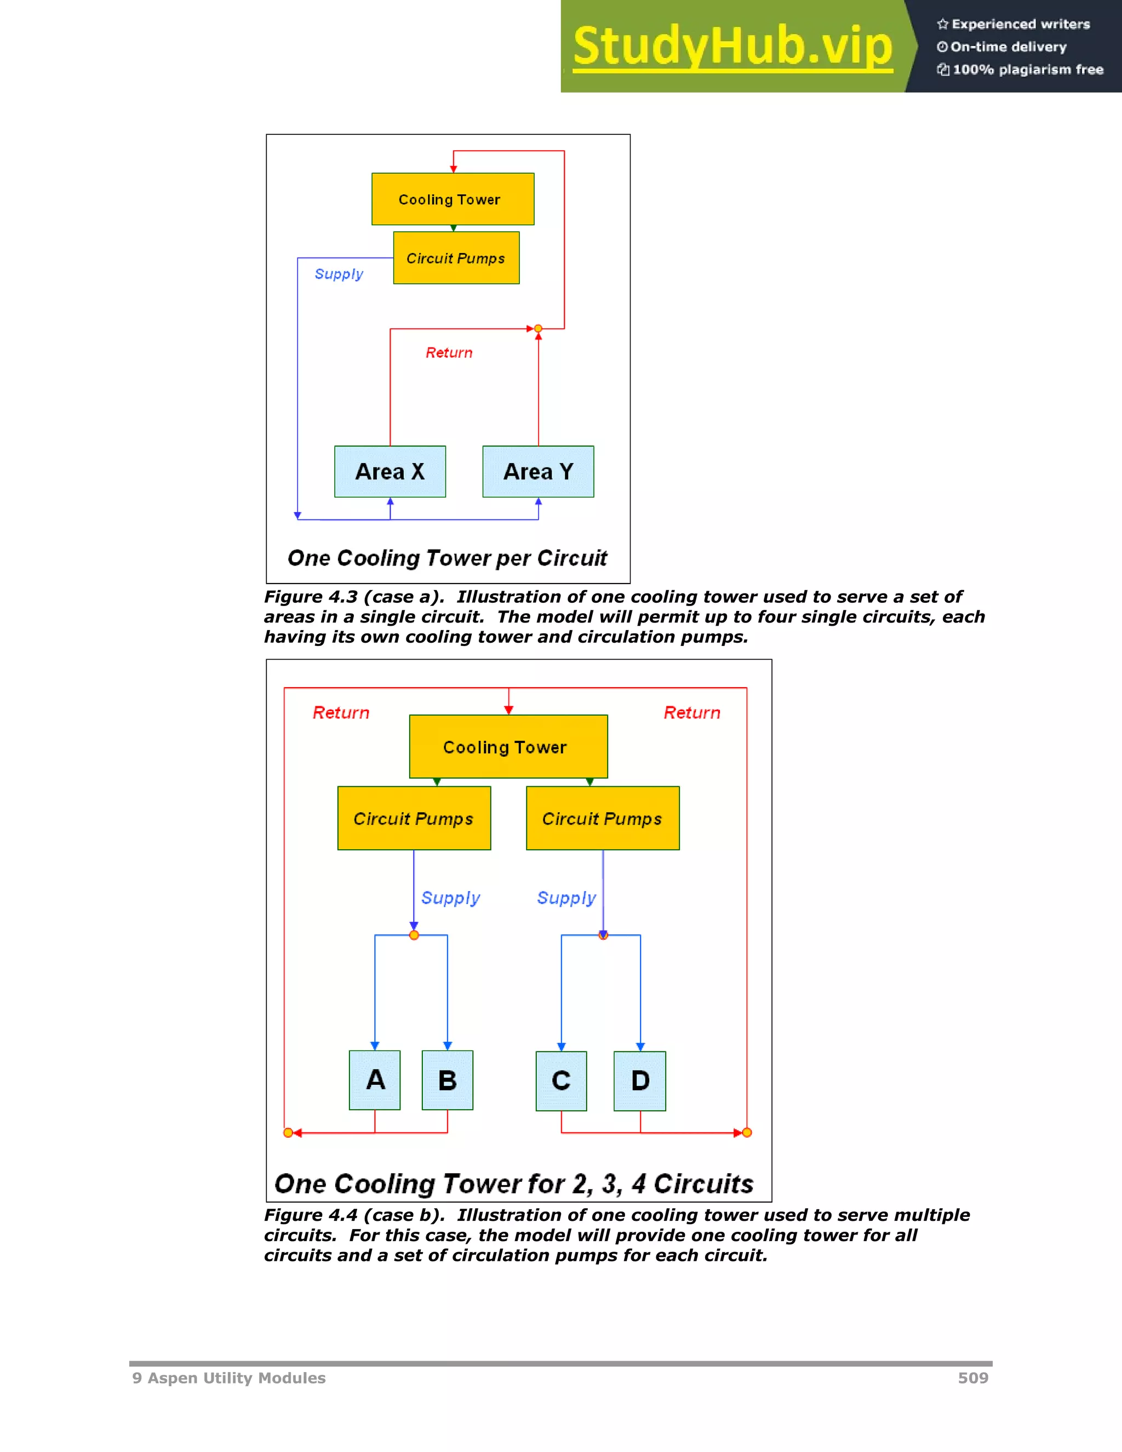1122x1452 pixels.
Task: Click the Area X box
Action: [x=390, y=471]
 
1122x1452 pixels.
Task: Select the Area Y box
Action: [x=539, y=471]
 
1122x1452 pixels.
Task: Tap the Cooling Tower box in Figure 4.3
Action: [x=453, y=199]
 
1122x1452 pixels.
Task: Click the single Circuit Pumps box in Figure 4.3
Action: [x=456, y=258]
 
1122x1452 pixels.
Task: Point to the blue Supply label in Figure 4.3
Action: [x=339, y=274]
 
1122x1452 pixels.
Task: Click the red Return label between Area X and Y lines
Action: [x=449, y=352]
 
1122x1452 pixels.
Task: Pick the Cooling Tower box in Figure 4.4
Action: [x=508, y=747]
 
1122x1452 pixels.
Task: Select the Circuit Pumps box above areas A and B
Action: [x=414, y=819]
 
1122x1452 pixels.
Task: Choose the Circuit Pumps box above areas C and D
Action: [x=603, y=819]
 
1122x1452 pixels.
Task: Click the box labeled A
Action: [x=375, y=1080]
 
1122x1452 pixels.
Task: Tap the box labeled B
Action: [x=448, y=1081]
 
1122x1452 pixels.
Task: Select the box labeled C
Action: [x=562, y=1081]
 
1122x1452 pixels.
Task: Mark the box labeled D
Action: [x=640, y=1081]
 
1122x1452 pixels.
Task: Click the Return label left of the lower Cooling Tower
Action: [x=341, y=713]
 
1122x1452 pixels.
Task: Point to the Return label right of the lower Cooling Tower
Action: [x=692, y=713]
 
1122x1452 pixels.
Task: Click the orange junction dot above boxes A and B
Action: [x=414, y=935]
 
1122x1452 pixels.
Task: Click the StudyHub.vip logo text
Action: [x=732, y=47]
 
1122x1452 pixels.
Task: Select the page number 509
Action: [x=973, y=1378]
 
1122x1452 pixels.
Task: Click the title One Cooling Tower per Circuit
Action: [x=448, y=558]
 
